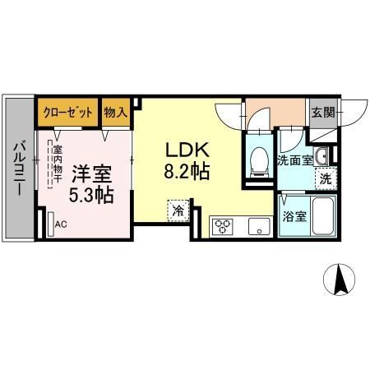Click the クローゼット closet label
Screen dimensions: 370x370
coord(67,113)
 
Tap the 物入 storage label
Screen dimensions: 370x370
coord(116,112)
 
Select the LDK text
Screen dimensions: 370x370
coord(187,150)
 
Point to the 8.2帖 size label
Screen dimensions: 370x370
coord(187,171)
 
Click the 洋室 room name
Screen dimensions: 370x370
coord(91,174)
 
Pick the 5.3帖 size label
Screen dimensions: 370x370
coord(91,195)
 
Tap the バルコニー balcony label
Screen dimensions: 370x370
coord(20,168)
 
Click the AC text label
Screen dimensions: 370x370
coord(61,224)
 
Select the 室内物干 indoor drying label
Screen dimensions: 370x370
coord(58,164)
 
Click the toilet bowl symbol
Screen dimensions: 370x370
coord(260,162)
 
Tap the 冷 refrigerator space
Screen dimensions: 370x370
coord(178,210)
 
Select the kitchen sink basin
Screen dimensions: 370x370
coord(259,227)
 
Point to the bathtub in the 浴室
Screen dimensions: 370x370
coord(323,215)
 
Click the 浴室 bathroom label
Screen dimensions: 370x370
coord(294,216)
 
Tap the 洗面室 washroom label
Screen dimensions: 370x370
coord(295,160)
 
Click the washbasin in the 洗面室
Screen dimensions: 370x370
coord(321,156)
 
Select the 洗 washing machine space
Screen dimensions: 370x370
coord(326,178)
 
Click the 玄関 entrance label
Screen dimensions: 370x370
coord(323,113)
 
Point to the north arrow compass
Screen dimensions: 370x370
coord(340,280)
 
